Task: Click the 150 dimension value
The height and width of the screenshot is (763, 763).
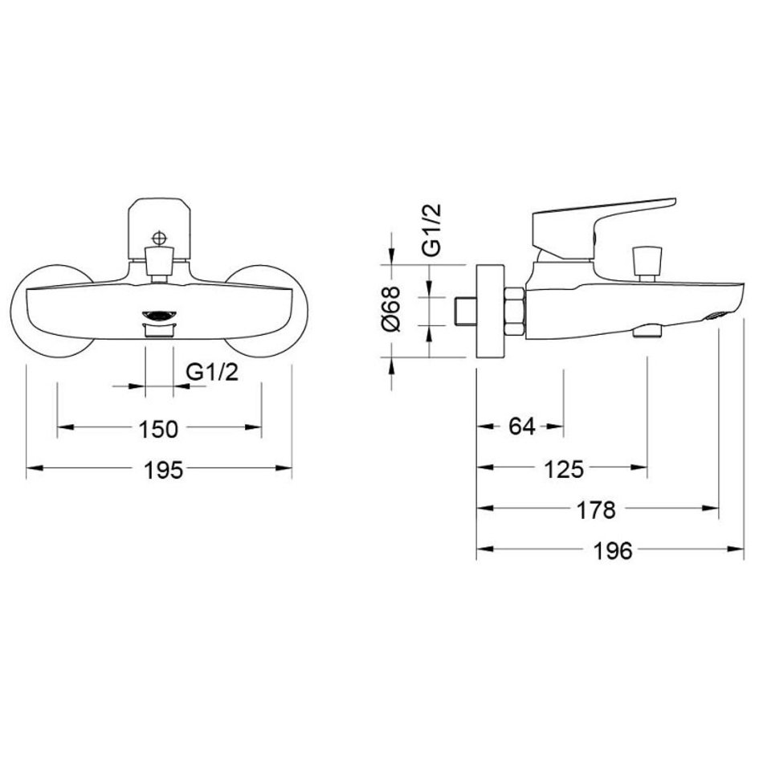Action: (159, 429)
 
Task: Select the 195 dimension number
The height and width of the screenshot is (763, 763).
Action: (164, 470)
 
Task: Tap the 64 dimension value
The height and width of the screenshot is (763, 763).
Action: (522, 426)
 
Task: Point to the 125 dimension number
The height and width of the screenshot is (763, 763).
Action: (564, 470)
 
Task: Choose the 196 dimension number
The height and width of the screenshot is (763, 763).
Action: (613, 551)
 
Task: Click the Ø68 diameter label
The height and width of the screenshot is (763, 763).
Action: (391, 309)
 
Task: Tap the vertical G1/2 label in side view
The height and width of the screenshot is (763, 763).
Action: (431, 230)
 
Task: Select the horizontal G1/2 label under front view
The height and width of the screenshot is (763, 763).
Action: (213, 373)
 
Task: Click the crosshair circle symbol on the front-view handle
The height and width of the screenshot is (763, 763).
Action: (159, 238)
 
